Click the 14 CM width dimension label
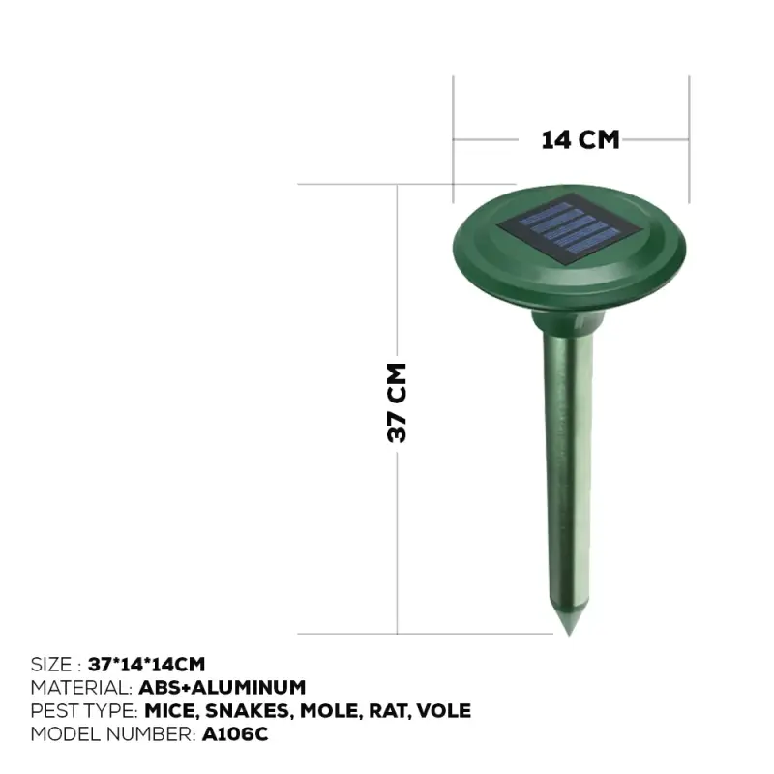(580, 139)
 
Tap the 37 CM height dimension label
(397, 402)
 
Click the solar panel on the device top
(567, 227)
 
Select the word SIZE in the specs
(50, 665)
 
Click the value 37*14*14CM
(146, 665)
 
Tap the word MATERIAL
(80, 688)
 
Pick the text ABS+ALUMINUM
(223, 688)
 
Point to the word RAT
(391, 711)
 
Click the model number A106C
(235, 734)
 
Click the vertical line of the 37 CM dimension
(398, 532)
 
